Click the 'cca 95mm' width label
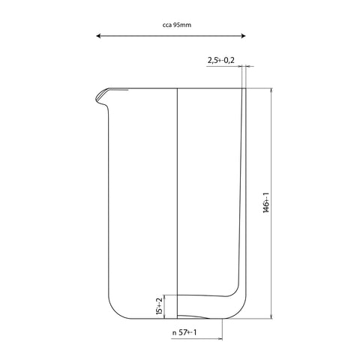pyautogui.click(x=177, y=25)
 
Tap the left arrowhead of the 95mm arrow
pyautogui.click(x=98, y=36)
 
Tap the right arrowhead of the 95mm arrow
pyautogui.click(x=243, y=36)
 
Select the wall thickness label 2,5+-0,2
pyautogui.click(x=221, y=60)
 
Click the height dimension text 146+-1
pyautogui.click(x=266, y=202)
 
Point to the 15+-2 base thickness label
pyautogui.click(x=160, y=307)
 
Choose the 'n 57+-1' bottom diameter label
pyautogui.click(x=184, y=332)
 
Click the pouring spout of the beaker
pyautogui.click(x=103, y=96)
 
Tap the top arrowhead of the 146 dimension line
pyautogui.click(x=271, y=91)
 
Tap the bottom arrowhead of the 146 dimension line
pyautogui.click(x=271, y=316)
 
